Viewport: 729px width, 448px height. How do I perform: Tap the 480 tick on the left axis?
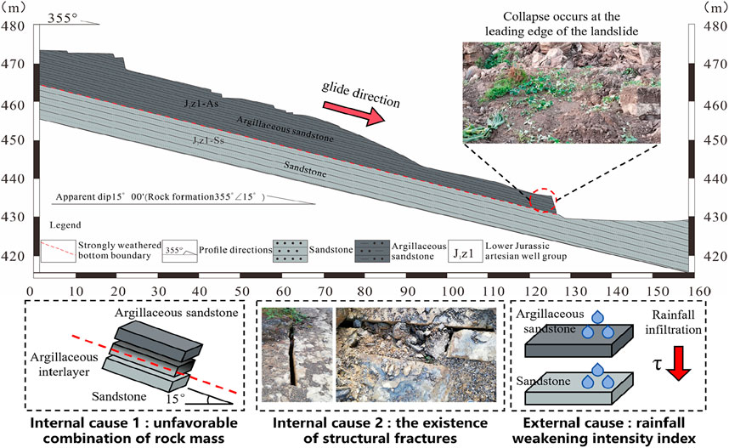(14, 26)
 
